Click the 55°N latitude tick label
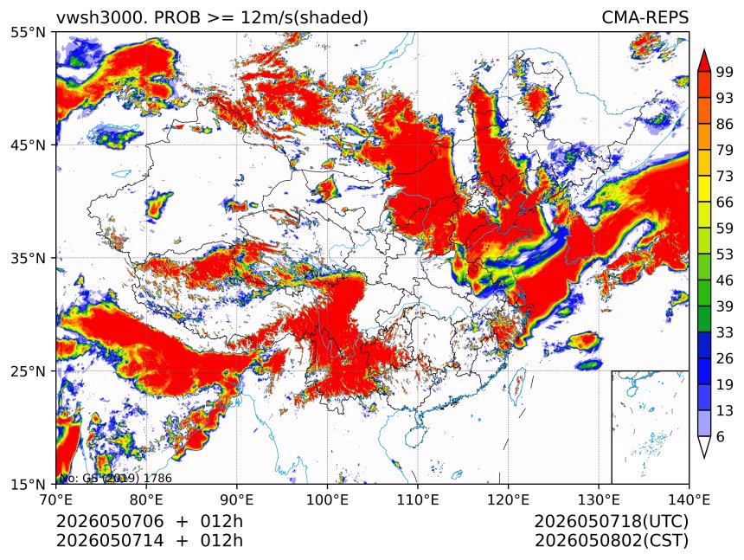pyautogui.click(x=29, y=33)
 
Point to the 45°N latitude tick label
pyautogui.click(x=29, y=145)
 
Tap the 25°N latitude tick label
pyautogui.click(x=29, y=371)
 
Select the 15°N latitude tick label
pyautogui.click(x=29, y=484)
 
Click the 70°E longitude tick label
pyautogui.click(x=56, y=499)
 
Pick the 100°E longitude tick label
pyautogui.click(x=327, y=499)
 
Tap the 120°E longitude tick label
pyautogui.click(x=508, y=499)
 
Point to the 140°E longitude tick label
pyautogui.click(x=689, y=499)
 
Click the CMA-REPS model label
pyautogui.click(x=645, y=17)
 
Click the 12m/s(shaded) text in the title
pyautogui.click(x=305, y=18)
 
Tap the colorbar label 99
pyautogui.click(x=725, y=72)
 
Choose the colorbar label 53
pyautogui.click(x=725, y=254)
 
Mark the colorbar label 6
pyautogui.click(x=721, y=436)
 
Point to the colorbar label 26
pyautogui.click(x=725, y=358)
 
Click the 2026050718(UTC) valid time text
pyautogui.click(x=611, y=521)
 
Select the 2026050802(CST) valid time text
pyautogui.click(x=611, y=541)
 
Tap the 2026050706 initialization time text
pyautogui.click(x=110, y=521)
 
